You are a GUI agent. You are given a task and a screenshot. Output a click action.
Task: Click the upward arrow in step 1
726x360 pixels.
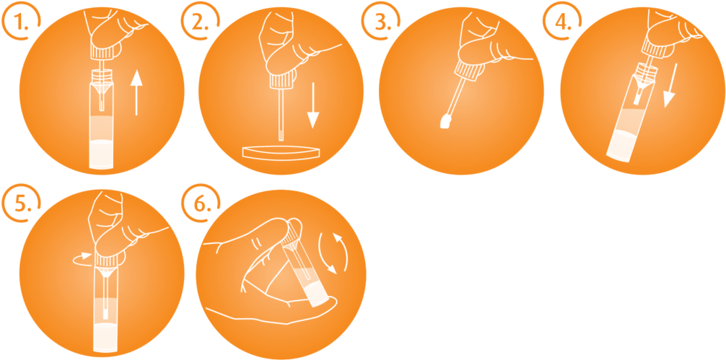[136, 92]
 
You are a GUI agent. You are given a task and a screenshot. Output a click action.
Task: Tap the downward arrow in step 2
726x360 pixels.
[313, 105]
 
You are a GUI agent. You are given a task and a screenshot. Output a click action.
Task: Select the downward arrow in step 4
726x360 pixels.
[672, 86]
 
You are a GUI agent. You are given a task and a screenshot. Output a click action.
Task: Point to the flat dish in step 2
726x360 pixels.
[281, 153]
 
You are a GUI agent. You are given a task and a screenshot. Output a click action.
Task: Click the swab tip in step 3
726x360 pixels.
[445, 121]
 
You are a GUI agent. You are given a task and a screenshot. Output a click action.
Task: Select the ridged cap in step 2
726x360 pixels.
[281, 79]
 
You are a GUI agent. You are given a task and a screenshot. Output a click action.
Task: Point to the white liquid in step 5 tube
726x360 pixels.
[106, 338]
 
